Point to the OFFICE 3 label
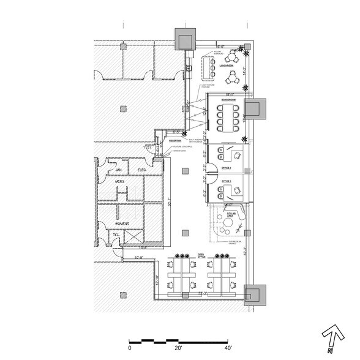[226, 182]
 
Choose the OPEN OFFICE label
[201, 256]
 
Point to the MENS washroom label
[121, 182]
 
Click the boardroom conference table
[230, 116]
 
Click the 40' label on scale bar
[227, 347]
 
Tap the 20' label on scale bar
[178, 347]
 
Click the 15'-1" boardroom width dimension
[230, 94]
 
